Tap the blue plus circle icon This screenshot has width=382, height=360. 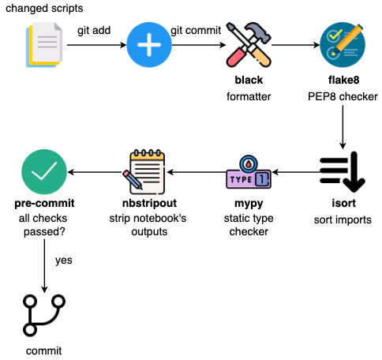[x=149, y=45]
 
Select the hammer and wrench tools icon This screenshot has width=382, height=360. [x=248, y=45]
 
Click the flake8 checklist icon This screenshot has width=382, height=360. [x=343, y=45]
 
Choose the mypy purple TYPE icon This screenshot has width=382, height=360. [x=248, y=173]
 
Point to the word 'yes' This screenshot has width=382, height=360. [x=64, y=259]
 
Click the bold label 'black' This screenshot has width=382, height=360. [x=248, y=81]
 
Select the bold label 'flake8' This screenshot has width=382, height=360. [x=343, y=81]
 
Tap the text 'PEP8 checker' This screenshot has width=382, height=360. [x=343, y=96]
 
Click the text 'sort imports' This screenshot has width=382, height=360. [x=342, y=219]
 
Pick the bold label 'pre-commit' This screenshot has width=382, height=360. [x=43, y=203]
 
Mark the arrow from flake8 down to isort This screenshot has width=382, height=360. [x=343, y=126]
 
